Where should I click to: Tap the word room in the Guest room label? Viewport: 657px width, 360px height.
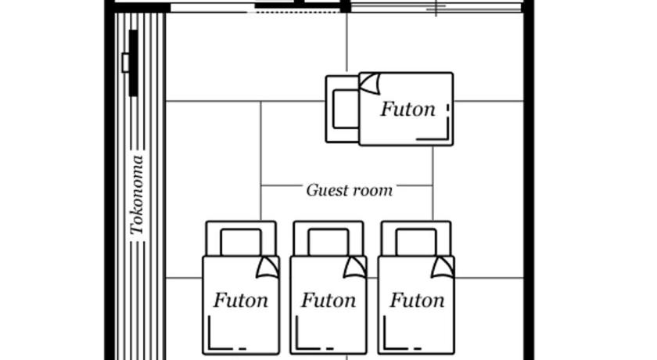(x=373, y=190)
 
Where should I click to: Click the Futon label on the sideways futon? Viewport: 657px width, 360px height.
(x=407, y=110)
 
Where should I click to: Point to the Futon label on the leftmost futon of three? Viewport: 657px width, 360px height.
(x=241, y=301)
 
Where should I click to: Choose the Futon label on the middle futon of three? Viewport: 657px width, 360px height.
(x=328, y=301)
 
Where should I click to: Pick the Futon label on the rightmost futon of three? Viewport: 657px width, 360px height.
(x=417, y=301)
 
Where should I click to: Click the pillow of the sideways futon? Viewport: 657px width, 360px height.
(x=345, y=109)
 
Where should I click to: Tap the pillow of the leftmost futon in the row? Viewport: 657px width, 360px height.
(x=241, y=242)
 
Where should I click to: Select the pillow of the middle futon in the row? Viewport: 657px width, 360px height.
(x=328, y=242)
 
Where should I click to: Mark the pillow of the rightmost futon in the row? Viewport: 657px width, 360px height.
(x=415, y=242)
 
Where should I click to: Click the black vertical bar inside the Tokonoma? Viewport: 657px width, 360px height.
(x=134, y=63)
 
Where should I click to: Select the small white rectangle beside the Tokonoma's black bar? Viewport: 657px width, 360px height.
(x=125, y=63)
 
